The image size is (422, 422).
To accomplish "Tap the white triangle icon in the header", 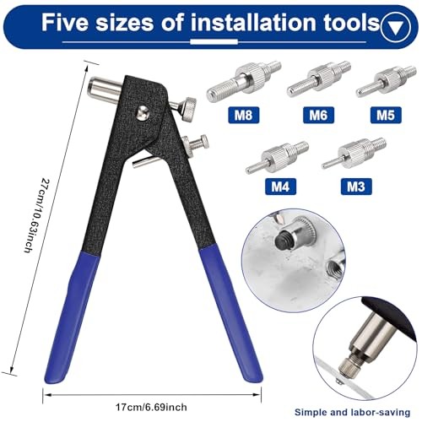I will [392, 26].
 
